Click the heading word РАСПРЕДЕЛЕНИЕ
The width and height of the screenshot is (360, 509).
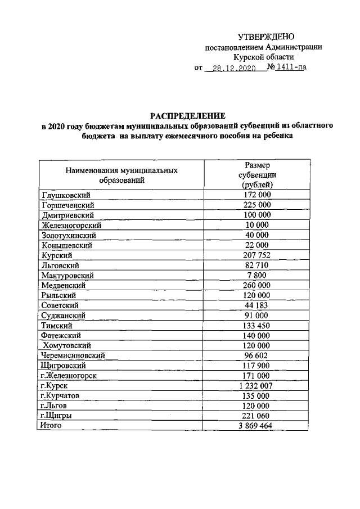[x=187, y=115]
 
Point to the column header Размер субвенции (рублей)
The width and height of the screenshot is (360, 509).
[x=257, y=175]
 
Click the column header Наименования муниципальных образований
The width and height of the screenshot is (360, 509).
[x=122, y=175]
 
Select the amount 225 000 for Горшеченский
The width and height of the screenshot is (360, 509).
[x=257, y=205]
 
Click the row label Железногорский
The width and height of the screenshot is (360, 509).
[x=71, y=225]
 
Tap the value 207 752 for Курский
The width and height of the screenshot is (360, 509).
[x=257, y=255]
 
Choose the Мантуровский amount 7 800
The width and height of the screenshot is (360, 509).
[x=257, y=275]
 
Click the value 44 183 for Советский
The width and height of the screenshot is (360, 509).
[x=257, y=305]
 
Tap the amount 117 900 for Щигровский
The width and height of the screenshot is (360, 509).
[x=257, y=366]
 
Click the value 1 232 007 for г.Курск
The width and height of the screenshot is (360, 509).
[x=257, y=386]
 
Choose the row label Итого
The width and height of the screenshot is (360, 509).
[x=51, y=426]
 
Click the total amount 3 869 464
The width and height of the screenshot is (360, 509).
[x=257, y=426]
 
